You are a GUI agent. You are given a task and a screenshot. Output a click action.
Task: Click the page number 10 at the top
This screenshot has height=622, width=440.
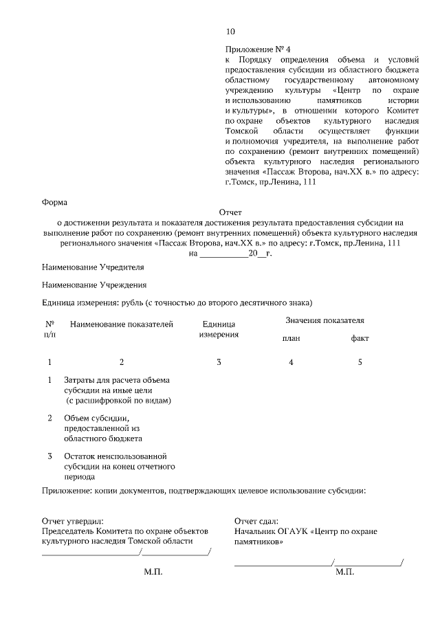[230, 32]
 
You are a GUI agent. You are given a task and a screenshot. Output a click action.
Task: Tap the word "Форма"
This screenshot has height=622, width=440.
[54, 202]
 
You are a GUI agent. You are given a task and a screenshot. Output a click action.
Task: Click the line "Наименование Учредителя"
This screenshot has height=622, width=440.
[93, 266]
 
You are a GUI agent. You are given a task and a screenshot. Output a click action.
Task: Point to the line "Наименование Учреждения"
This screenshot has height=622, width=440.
[94, 285]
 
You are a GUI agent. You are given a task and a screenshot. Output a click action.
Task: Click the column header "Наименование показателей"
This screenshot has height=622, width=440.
[122, 324]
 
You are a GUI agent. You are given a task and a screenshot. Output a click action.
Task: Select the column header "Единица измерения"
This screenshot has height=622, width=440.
[219, 329]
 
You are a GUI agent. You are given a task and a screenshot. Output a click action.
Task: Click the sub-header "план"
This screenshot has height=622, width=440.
[291, 339]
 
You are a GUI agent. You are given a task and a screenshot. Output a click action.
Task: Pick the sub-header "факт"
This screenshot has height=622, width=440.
[360, 339]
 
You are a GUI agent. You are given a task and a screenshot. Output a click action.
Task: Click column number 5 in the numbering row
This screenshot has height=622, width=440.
[360, 362]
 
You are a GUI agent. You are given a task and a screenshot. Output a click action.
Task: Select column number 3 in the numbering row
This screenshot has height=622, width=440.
[219, 362]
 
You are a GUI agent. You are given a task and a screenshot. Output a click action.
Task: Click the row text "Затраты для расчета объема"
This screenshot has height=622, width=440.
[116, 380]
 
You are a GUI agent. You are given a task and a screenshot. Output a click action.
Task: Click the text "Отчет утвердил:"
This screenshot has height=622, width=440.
[73, 522]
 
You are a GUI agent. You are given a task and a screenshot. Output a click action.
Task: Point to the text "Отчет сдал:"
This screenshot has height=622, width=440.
[256, 522]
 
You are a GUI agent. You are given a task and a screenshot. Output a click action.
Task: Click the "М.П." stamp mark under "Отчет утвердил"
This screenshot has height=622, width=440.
[153, 572]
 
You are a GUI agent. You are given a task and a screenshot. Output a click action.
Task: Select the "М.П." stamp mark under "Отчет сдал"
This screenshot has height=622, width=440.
[344, 572]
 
